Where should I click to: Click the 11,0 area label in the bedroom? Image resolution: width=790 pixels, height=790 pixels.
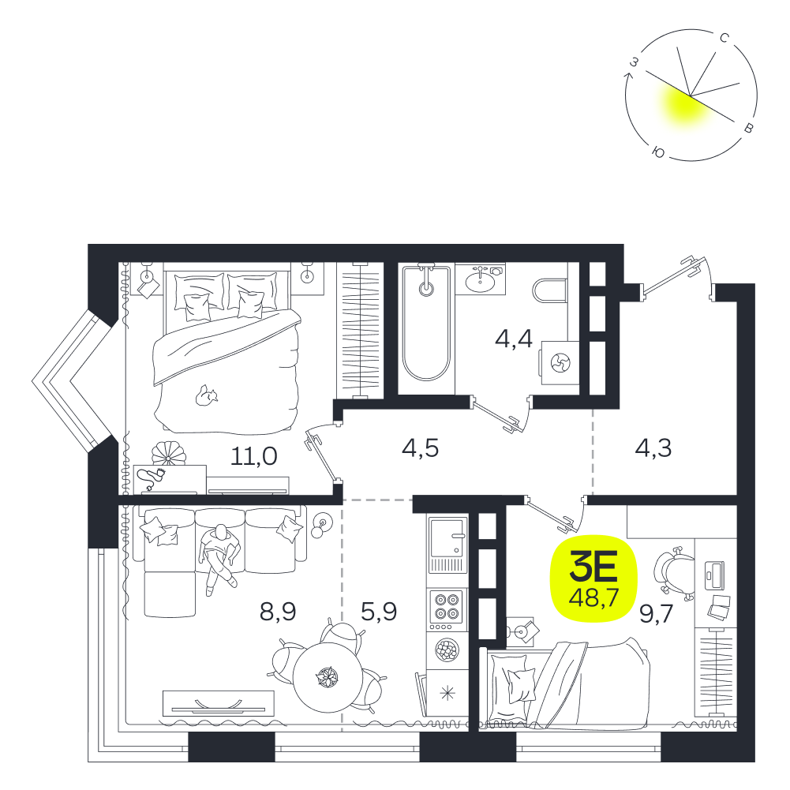tap(254, 456)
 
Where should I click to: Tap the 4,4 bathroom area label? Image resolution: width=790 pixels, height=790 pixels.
tap(514, 339)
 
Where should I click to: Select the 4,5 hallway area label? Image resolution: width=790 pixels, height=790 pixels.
tap(420, 448)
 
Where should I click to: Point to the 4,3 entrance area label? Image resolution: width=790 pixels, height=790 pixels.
tap(653, 448)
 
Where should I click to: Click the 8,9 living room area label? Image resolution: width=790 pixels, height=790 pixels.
tap(278, 612)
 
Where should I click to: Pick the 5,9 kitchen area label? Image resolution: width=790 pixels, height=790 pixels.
tap(379, 612)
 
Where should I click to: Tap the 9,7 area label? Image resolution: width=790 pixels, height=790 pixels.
tap(657, 614)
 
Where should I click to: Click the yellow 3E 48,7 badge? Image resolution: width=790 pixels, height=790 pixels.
tap(593, 578)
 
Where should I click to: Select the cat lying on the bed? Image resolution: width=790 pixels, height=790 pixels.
tap(206, 395)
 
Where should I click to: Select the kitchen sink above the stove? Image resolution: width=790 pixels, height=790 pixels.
tap(447, 545)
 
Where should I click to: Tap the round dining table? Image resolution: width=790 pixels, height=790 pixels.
tap(328, 676)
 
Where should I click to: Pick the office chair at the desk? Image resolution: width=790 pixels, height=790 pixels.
tap(674, 573)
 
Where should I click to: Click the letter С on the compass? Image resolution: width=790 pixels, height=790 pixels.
tap(724, 38)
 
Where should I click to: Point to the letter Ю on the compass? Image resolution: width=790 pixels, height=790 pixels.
tap(658, 152)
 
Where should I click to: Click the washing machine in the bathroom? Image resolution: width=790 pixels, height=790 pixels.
tap(560, 363)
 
